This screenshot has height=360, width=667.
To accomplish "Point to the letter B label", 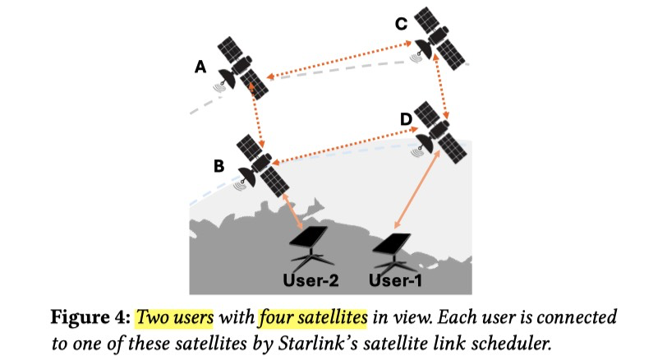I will (x=218, y=165).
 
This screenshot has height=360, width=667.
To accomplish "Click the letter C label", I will (x=401, y=24).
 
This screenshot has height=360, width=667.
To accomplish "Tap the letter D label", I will (x=405, y=120).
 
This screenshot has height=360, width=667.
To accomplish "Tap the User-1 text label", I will (x=396, y=279).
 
